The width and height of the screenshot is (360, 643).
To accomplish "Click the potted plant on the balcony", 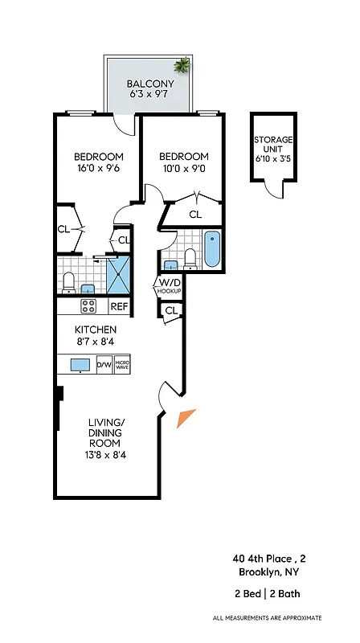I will click(x=183, y=65).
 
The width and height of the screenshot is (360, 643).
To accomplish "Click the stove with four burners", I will click(x=88, y=306).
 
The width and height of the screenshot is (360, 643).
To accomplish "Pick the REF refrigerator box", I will click(x=119, y=306).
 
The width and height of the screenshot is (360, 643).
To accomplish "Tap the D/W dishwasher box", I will click(x=104, y=365).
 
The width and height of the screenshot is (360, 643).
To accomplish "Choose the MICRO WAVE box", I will click(x=122, y=365).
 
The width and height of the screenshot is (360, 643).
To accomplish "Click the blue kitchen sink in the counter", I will click(x=80, y=365).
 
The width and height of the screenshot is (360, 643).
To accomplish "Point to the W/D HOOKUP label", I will click(x=169, y=286).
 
